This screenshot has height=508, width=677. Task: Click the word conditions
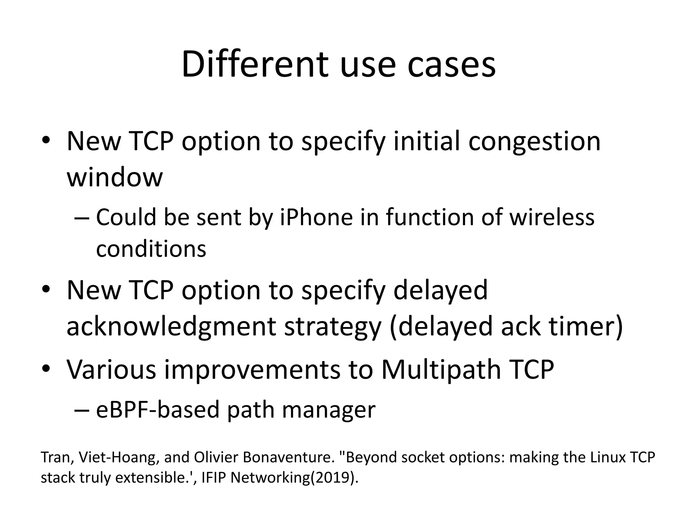[x=151, y=249]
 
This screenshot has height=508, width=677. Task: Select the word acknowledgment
[x=171, y=326]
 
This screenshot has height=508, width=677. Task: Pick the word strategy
[x=333, y=326]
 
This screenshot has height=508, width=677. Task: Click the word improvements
[x=252, y=369]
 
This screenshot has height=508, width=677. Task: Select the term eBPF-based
[x=158, y=410]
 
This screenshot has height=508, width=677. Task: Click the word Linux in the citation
[x=606, y=457]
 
